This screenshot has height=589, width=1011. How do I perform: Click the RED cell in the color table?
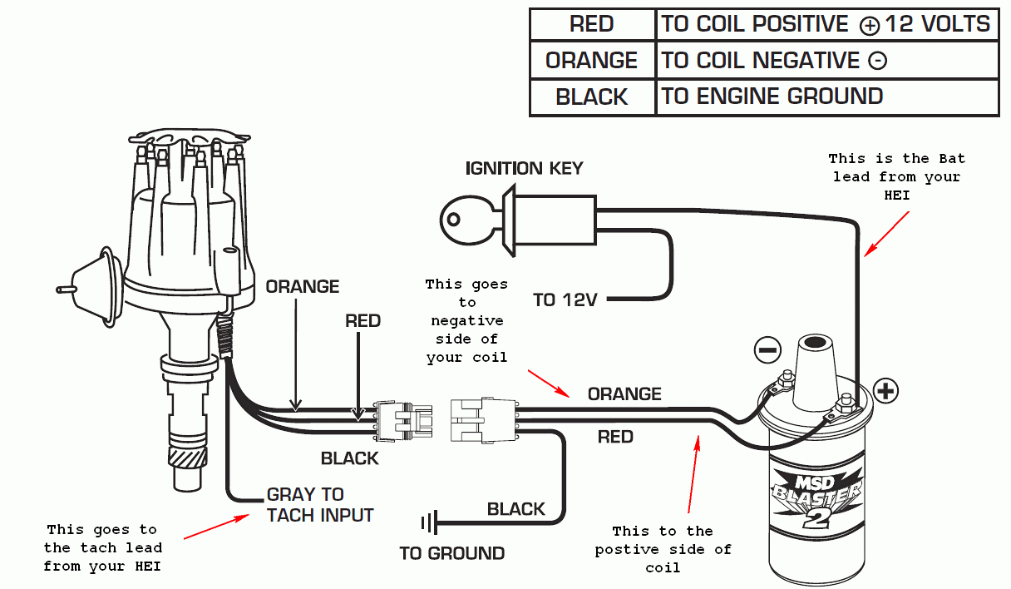tap(592, 24)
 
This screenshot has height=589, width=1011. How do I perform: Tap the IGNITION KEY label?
tap(524, 169)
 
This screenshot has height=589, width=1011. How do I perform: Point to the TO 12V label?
tap(565, 300)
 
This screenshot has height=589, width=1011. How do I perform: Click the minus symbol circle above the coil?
tap(768, 349)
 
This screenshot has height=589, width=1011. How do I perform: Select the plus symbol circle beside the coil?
tap(886, 390)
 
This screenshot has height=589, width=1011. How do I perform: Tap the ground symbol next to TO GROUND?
tap(429, 523)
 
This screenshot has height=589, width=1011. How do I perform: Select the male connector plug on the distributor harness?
tap(404, 419)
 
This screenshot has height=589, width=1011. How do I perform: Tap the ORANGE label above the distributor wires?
tap(303, 287)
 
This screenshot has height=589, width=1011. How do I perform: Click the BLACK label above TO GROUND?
tap(515, 509)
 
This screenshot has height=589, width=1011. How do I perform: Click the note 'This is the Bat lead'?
tap(896, 176)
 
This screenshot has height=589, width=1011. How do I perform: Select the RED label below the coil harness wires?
tap(615, 437)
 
